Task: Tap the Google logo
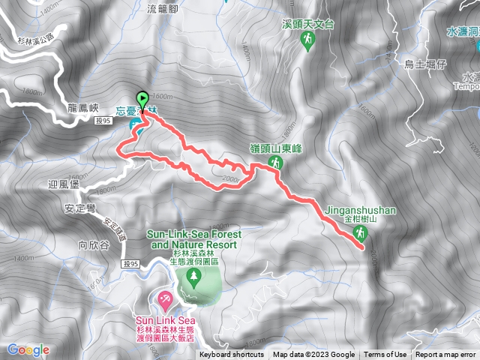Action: point(28,349)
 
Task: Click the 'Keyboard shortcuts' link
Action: point(232,355)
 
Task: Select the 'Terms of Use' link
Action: point(385,355)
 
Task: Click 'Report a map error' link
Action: point(446,355)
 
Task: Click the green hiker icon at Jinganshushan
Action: point(360,233)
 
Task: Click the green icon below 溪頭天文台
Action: point(306,44)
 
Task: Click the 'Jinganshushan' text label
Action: point(361,211)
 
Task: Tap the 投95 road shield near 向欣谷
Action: point(130,263)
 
